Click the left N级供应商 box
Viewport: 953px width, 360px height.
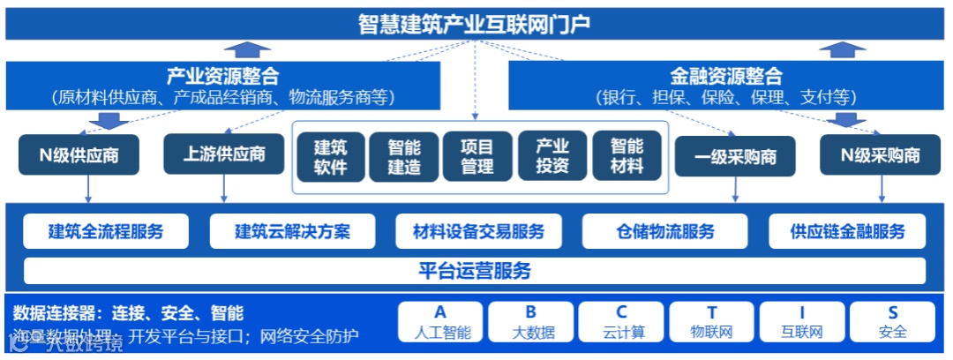79,156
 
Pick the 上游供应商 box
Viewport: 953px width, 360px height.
224,155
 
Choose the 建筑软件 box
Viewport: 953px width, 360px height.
331,156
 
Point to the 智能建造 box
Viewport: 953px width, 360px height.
404,156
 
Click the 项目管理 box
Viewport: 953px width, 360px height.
477,156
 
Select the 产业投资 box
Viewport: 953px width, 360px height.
552,156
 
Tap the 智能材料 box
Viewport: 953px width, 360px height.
627,156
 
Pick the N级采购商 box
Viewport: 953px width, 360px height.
880,156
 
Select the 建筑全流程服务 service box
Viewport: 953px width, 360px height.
106,232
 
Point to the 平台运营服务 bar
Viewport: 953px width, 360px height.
475,271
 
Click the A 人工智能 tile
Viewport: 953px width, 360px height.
440,322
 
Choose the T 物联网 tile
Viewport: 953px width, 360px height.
712,322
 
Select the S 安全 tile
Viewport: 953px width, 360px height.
892,322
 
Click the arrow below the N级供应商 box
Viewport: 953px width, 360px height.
88,188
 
